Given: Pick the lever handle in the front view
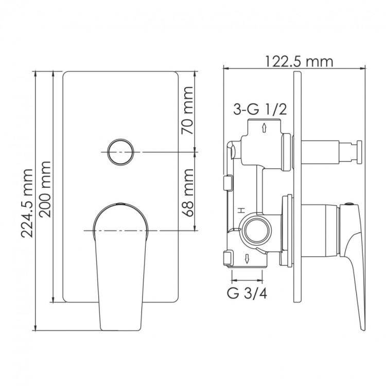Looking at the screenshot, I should tap(119, 262).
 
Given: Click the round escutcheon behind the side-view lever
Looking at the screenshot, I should tap(287, 229).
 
